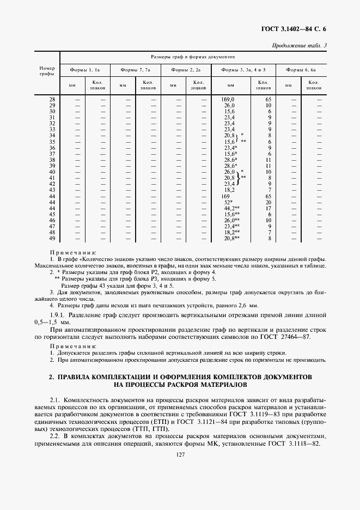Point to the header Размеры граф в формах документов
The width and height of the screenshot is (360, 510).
click(x=193, y=57)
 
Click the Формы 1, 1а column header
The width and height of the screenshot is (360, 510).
click(x=85, y=70)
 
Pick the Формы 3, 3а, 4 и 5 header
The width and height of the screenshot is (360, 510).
click(x=243, y=70)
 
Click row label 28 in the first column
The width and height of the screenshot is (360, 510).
click(x=52, y=99)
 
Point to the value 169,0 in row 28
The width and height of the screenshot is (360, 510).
click(x=228, y=99)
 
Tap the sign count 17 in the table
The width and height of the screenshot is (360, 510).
click(x=268, y=208)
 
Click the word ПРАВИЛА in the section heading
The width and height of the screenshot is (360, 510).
click(x=77, y=377)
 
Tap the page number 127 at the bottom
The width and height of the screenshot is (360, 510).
click(x=180, y=456)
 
